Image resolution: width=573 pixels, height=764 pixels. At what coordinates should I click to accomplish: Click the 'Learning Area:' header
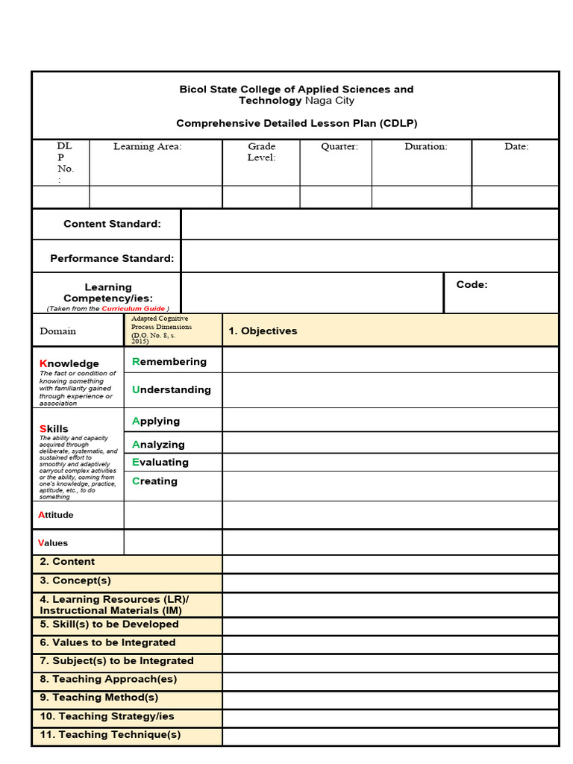(x=147, y=147)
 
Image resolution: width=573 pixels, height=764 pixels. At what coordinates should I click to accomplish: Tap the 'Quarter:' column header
(x=339, y=147)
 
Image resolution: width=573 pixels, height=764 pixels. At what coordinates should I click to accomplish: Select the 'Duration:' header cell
(x=426, y=147)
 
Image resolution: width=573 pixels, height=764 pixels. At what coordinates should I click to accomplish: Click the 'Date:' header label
(x=516, y=147)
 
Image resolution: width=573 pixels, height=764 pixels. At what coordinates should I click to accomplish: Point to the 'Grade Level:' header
(x=262, y=152)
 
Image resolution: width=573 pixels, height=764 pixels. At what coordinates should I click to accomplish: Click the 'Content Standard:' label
(x=112, y=224)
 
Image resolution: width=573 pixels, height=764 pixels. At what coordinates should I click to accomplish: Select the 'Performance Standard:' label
(x=112, y=259)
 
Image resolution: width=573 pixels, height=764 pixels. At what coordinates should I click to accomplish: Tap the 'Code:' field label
(x=472, y=284)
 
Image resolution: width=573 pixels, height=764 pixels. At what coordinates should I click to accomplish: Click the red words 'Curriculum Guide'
(x=134, y=309)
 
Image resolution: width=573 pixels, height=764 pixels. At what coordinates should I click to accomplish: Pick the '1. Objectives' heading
(x=263, y=331)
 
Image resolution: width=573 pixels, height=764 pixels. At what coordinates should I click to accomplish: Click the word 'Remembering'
(x=169, y=362)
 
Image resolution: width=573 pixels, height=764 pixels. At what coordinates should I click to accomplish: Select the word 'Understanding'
(x=172, y=389)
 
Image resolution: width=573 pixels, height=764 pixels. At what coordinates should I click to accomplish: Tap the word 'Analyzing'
(x=158, y=445)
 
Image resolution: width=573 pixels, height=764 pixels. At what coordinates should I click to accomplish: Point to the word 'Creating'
(x=154, y=481)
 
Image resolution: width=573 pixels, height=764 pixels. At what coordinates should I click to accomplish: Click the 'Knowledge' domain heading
(x=69, y=364)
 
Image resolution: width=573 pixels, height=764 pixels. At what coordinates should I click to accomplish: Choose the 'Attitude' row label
(x=56, y=515)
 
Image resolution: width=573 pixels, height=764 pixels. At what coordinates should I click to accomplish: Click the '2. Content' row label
(x=67, y=562)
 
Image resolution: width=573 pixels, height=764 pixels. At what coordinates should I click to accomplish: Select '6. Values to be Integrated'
(x=107, y=642)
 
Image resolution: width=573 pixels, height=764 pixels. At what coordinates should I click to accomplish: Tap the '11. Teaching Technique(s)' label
(x=110, y=735)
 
